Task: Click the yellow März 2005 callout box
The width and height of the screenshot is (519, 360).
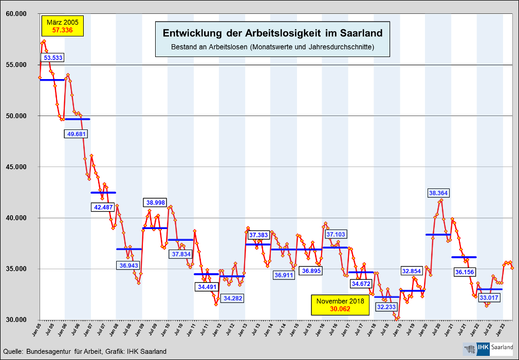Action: click(63, 27)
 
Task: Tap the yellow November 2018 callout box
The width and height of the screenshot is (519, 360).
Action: click(340, 305)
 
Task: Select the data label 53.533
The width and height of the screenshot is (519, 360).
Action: click(53, 58)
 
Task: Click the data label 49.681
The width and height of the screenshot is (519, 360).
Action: click(78, 134)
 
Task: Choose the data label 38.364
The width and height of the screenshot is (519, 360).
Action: click(438, 193)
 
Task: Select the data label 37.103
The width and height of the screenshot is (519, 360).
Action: click(335, 234)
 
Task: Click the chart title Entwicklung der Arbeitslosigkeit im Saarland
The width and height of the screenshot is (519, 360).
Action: click(272, 33)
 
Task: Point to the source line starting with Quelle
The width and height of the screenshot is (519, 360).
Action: click(85, 351)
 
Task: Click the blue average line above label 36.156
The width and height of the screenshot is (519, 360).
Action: click(464, 257)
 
